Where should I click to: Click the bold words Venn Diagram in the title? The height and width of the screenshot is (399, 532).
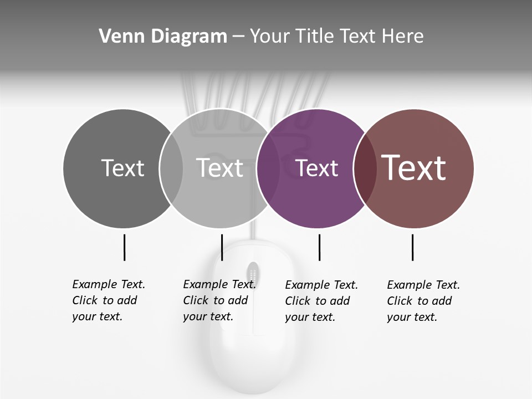[x=163, y=37]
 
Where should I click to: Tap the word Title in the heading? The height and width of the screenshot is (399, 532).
[x=314, y=37]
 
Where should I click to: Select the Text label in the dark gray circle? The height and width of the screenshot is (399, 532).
[x=122, y=168]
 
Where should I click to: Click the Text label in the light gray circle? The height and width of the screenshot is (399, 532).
[x=220, y=168]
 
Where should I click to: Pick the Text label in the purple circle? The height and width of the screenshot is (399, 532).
[x=317, y=168]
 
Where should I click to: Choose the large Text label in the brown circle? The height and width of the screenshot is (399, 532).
[x=414, y=168]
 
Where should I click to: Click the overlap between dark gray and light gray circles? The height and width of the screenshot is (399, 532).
[x=171, y=168]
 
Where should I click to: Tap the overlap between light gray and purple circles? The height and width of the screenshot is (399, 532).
[x=268, y=168]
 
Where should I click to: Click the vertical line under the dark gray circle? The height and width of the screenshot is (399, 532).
[x=124, y=247]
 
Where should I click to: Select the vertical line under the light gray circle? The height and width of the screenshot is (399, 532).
[x=222, y=247]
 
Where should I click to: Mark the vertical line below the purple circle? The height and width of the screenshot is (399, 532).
[x=319, y=247]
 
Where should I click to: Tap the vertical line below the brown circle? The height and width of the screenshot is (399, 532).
[x=412, y=247]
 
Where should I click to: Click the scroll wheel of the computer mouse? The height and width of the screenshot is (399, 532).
[x=253, y=273]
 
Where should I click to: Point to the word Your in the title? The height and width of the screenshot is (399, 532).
[x=270, y=37]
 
